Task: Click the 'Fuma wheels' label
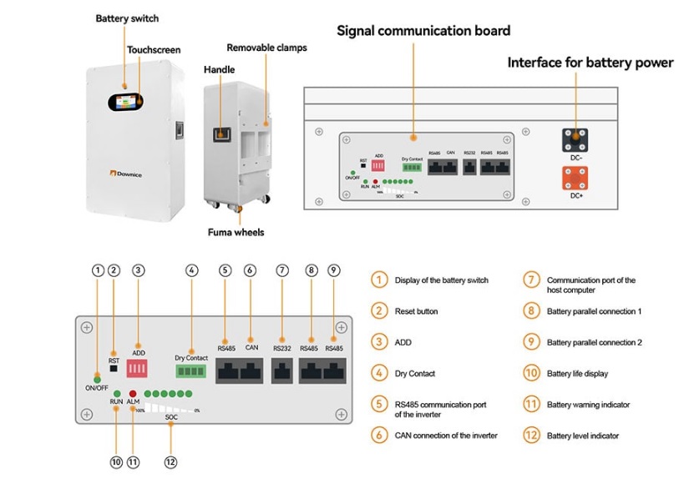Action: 236,232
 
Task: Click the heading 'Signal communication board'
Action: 423,31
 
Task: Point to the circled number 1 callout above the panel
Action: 99,270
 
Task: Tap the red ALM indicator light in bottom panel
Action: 133,392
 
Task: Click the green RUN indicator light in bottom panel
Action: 117,392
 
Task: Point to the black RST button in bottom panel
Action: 114,369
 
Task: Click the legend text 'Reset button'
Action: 416,311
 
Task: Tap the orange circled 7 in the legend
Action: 532,280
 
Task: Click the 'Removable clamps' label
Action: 266,48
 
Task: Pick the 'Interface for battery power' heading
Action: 590,63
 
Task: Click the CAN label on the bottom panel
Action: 251,348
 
